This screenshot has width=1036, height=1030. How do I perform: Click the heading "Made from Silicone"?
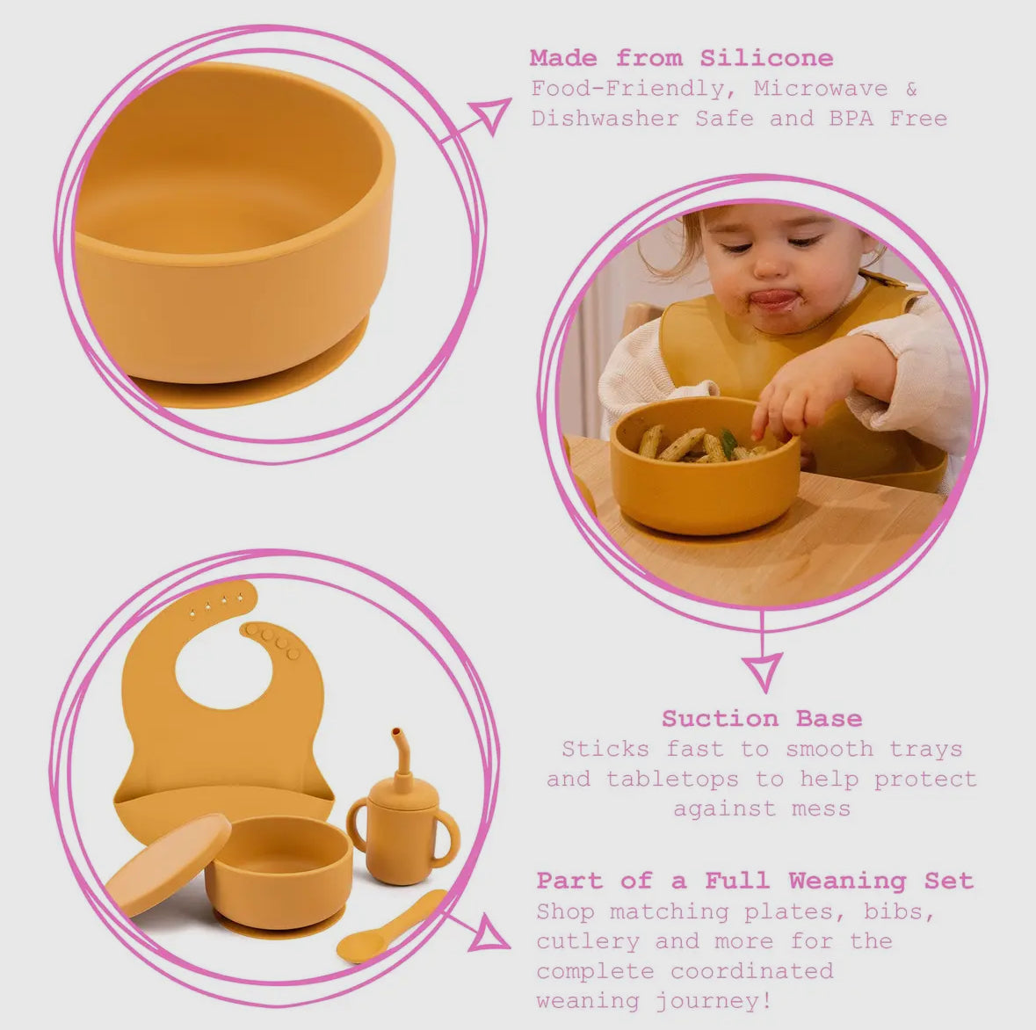[681, 59]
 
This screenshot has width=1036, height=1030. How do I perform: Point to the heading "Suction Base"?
[762, 719]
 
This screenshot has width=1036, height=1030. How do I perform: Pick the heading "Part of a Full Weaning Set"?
[755, 881]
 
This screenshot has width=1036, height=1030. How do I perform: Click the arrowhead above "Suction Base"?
[762, 671]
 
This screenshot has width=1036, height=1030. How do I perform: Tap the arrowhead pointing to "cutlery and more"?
[489, 933]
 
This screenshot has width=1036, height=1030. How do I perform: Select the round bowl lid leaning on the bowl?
[166, 867]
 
